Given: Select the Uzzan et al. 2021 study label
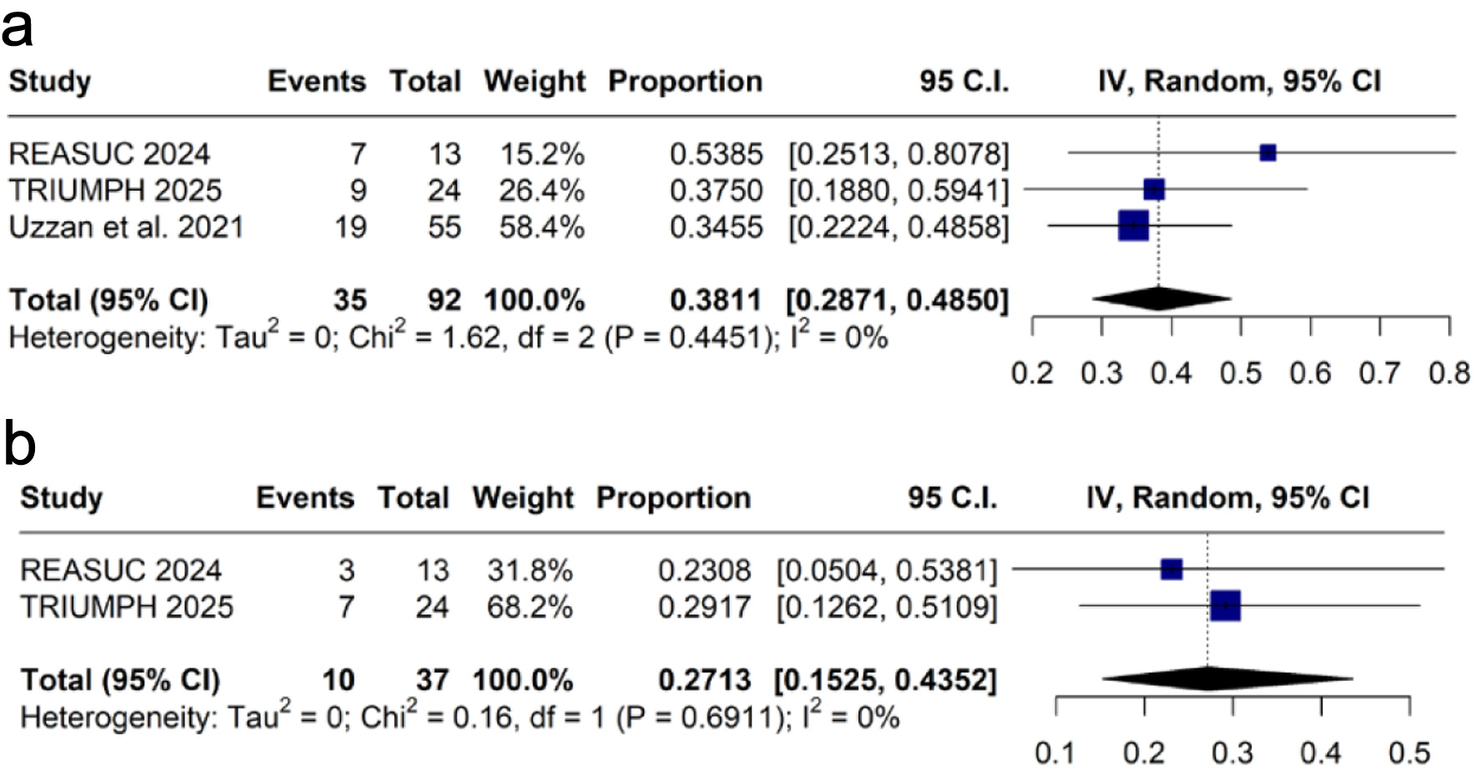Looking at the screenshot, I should [126, 227].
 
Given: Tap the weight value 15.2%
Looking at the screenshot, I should [542, 154].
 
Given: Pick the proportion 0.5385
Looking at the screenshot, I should [715, 154].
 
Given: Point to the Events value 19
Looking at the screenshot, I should [350, 227].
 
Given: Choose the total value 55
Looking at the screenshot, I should [444, 227].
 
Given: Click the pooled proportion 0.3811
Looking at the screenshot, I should [715, 300].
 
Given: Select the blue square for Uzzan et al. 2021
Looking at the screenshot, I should [1133, 225].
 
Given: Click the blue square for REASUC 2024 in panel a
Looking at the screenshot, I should [1268, 153].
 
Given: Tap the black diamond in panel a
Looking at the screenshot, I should [1160, 298].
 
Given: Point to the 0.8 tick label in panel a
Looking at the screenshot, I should [1449, 372].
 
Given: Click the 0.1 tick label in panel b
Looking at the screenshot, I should [1055, 753].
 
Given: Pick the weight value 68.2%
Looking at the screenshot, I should [530, 607].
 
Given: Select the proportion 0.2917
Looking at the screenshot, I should [704, 607].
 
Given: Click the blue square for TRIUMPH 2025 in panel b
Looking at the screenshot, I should [1225, 606].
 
